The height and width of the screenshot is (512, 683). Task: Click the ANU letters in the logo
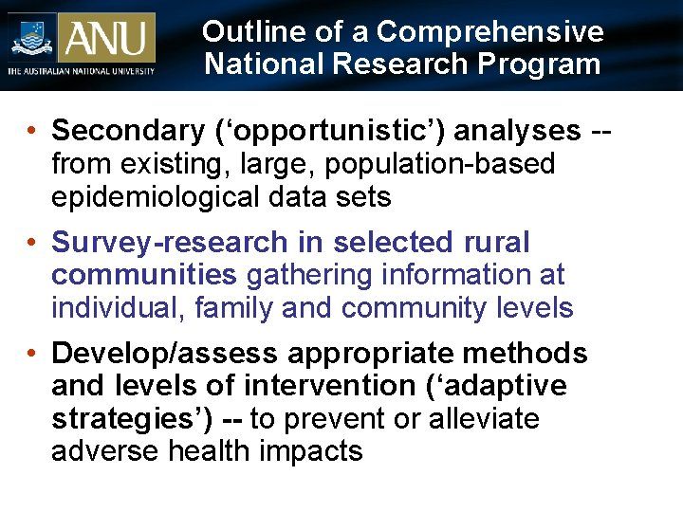[106, 38]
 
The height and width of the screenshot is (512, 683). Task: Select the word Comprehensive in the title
[489, 31]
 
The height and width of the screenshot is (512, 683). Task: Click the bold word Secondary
[123, 131]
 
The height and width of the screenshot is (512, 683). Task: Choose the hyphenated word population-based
[439, 164]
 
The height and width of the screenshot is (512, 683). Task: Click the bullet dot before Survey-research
[33, 243]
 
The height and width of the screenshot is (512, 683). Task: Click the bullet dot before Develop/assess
[33, 354]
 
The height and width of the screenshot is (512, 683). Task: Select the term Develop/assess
[165, 354]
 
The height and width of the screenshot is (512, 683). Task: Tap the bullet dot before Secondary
[33, 131]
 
